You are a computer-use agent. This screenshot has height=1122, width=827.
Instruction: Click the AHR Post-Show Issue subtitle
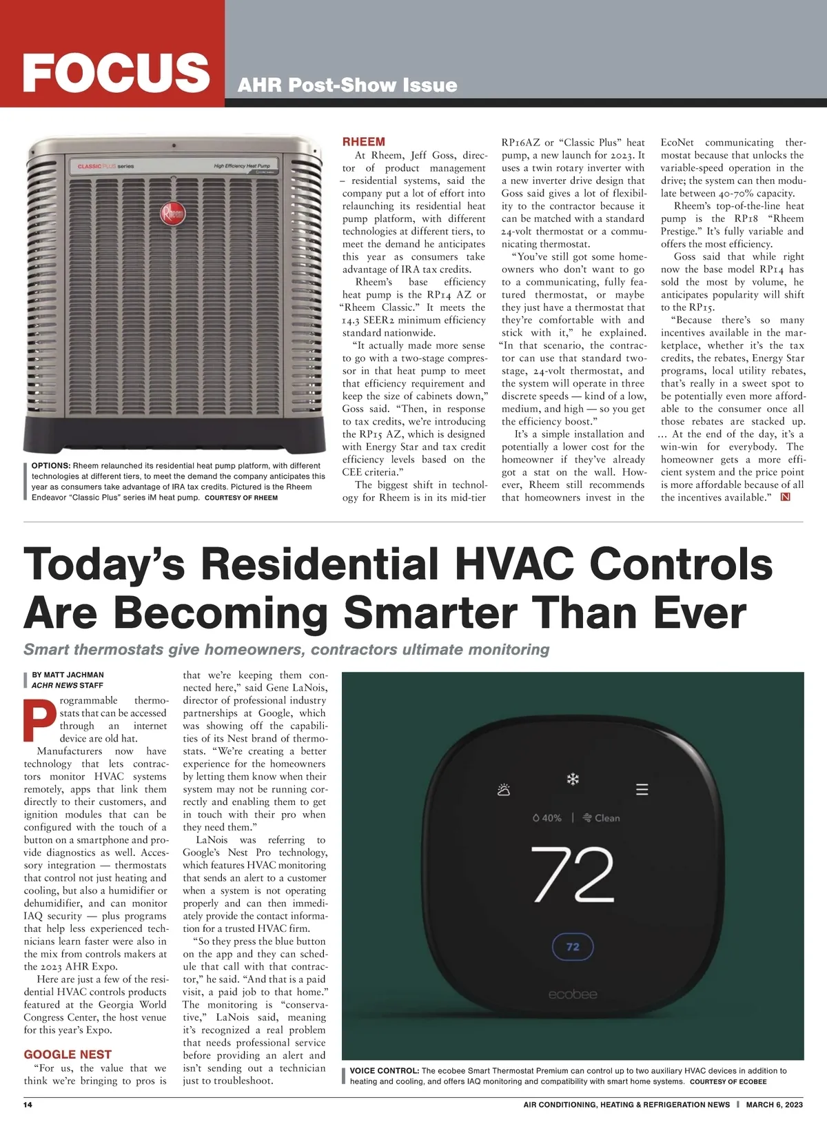347,85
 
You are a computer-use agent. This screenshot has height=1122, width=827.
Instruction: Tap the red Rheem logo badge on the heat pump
172,214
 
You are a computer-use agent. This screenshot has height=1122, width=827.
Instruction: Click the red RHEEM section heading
364,142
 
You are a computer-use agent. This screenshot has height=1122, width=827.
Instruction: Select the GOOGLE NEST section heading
68,1054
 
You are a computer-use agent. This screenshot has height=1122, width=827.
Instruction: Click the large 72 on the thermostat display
572,875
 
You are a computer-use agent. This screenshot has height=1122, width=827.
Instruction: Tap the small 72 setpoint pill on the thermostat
573,947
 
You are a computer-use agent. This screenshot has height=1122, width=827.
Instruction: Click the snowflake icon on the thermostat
573,779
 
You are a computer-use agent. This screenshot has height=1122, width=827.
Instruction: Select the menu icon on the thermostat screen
642,790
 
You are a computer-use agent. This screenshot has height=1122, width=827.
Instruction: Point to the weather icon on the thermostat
504,790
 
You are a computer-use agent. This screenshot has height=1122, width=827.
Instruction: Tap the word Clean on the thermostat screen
606,818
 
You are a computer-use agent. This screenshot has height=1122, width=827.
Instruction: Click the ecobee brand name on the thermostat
573,994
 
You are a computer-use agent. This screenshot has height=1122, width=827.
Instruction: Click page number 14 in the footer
28,1105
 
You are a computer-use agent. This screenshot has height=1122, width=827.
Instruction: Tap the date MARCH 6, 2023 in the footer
774,1105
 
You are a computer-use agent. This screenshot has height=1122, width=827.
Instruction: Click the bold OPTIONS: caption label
51,466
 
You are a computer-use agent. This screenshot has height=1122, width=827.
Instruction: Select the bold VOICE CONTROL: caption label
384,1071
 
